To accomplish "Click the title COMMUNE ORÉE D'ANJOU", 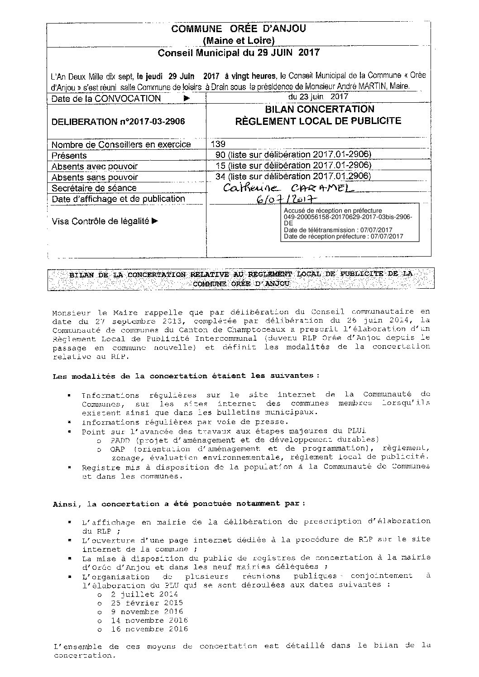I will click(x=239, y=29).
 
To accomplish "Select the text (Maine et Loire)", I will click(x=239, y=41).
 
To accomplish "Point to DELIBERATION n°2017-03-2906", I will click(x=118, y=121).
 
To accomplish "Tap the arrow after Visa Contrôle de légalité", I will click(x=155, y=221).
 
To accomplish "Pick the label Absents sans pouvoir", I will click(x=95, y=177).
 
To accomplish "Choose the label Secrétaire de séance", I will click(x=94, y=188).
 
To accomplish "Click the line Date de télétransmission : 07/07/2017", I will click(x=338, y=230).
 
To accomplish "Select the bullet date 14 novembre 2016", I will click(x=149, y=620).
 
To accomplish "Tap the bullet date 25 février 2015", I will click(x=147, y=603).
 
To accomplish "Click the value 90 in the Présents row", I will click(x=221, y=155).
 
